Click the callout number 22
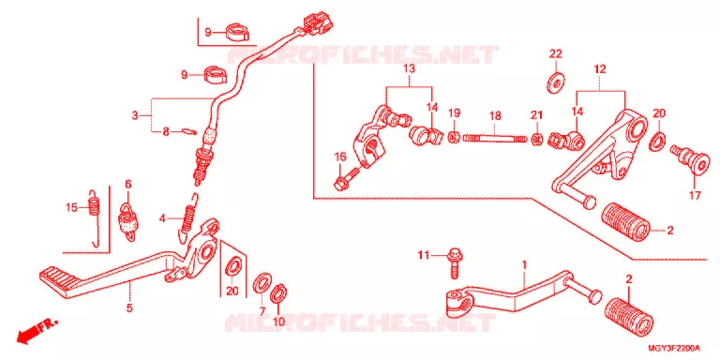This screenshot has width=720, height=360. pos(556,53)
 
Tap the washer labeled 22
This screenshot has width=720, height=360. pos(556,82)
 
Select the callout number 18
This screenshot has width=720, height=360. pos(495,116)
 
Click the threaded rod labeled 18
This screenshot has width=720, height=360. pos(495,137)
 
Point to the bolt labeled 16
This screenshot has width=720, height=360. pos(347,178)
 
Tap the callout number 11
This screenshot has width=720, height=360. pos(423,254)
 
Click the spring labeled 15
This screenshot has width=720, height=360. pos(95,218)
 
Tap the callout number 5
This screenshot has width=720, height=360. pos(129,307)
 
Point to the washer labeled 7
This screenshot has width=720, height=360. pos(262,283)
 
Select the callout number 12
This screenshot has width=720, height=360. pos(600,69)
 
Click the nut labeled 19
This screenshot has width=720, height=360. pos(454,136)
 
